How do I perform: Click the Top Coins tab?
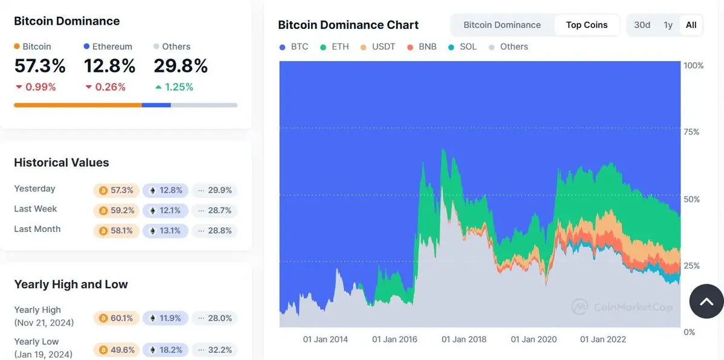(x=586, y=25)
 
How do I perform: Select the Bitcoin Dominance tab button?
(x=502, y=25)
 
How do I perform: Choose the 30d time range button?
(x=642, y=25)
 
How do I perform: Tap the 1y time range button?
(x=668, y=25)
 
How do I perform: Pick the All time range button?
(x=691, y=25)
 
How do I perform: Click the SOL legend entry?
(x=463, y=47)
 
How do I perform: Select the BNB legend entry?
(x=421, y=47)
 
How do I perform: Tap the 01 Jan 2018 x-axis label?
(x=464, y=339)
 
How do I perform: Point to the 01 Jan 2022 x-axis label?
(x=603, y=339)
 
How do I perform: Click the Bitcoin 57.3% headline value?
(x=40, y=65)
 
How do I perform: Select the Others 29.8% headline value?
(x=181, y=65)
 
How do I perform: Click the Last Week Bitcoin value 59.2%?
(x=117, y=210)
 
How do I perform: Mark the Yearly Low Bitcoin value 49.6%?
(x=117, y=350)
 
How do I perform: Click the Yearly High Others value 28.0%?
(x=214, y=318)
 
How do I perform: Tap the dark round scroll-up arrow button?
(x=706, y=301)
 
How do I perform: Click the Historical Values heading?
(x=62, y=162)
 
